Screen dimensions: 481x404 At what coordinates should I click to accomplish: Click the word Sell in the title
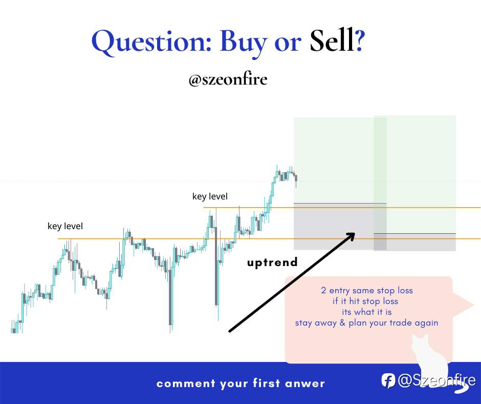(x=332, y=41)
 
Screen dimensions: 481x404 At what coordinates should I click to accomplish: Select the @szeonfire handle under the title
(x=228, y=79)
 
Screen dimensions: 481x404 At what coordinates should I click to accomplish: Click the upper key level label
(x=210, y=196)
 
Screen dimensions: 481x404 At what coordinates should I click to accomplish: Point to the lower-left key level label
(x=65, y=226)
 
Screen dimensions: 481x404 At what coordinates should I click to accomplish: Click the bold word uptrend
(x=272, y=262)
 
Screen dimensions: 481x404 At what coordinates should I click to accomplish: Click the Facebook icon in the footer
(x=388, y=380)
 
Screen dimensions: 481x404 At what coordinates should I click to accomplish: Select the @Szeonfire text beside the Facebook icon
(x=436, y=380)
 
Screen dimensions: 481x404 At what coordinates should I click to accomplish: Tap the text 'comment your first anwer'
(x=240, y=383)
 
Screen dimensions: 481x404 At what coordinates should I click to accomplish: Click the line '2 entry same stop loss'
(x=367, y=291)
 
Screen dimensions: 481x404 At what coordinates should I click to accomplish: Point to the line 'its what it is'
(x=367, y=312)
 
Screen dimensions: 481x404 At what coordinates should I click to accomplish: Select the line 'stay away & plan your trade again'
(x=366, y=323)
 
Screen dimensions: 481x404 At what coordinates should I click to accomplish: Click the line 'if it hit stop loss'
(x=365, y=301)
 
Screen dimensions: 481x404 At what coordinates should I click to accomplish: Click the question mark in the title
(x=360, y=41)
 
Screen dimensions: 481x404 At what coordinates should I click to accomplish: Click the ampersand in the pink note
(x=342, y=323)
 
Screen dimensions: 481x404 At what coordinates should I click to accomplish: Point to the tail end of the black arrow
(x=230, y=331)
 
